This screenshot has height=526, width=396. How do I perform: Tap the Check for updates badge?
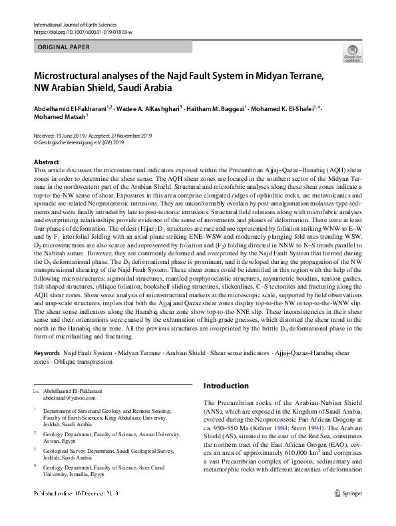pos(352,54)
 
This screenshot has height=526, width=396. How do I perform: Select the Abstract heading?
pos(47,162)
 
